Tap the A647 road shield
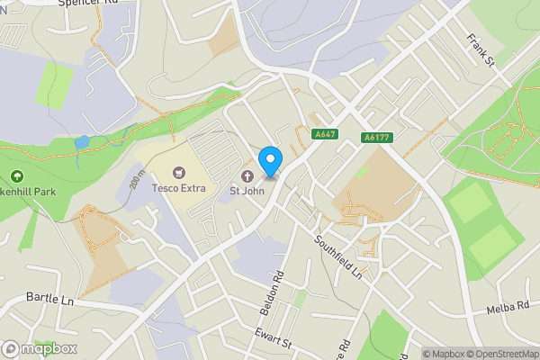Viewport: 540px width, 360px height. (326, 134)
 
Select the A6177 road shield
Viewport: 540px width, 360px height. (376, 138)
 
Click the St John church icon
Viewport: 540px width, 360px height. (247, 174)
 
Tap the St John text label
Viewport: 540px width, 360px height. (247, 190)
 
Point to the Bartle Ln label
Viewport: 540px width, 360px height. (49, 298)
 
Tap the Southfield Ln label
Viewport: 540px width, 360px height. (338, 256)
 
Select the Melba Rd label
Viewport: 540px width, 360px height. (508, 308)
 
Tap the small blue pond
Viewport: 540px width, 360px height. (83, 142)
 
